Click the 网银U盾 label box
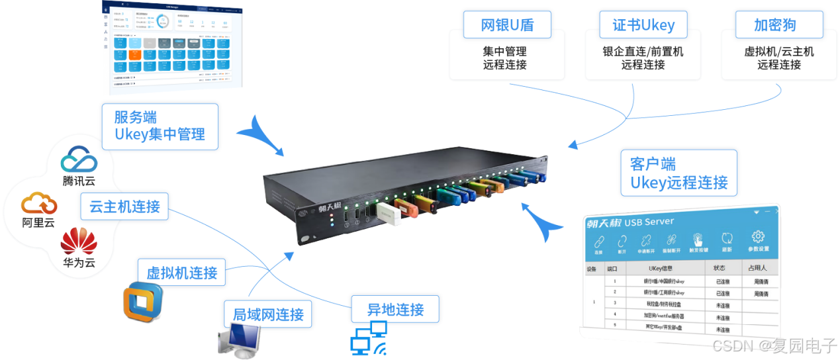506,25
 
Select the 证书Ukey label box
643,25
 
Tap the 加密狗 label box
774,25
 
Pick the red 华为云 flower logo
79,242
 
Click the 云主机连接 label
124,206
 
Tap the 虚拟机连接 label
181,272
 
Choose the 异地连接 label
395,308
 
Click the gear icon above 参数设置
759,237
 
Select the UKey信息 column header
664,268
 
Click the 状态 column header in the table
719,268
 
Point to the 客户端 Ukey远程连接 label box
678,173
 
